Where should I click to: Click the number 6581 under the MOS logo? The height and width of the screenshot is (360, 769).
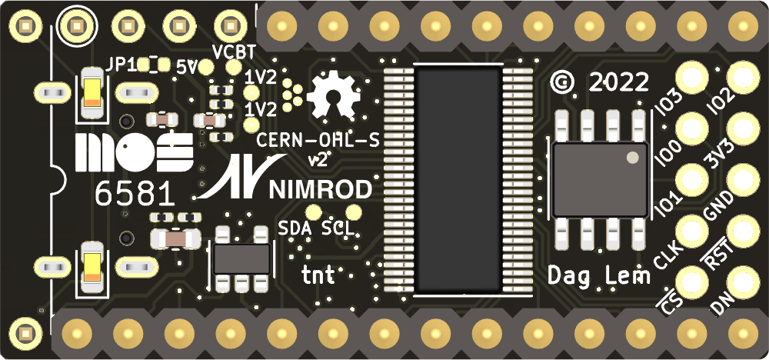[x=128, y=194]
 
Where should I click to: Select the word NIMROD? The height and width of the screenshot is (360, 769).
[x=322, y=190]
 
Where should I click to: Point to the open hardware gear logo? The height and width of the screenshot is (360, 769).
[x=334, y=98]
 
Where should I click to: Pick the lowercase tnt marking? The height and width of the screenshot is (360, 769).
[x=318, y=274]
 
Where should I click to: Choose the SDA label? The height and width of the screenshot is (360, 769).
[x=295, y=228]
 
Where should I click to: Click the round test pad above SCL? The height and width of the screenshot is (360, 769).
[x=354, y=212]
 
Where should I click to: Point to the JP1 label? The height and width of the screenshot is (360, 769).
[x=122, y=65]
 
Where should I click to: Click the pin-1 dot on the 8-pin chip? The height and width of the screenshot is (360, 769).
[x=632, y=158]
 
